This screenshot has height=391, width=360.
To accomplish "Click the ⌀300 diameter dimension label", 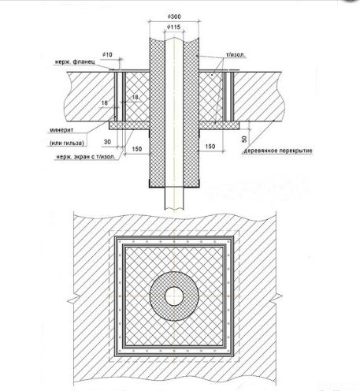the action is [174, 17].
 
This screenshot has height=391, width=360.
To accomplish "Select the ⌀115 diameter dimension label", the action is [174, 27].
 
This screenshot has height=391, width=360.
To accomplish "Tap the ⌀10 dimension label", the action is [107, 54].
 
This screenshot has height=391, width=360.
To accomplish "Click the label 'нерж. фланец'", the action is [75, 62].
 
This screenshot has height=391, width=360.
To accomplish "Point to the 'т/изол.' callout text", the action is [236, 55].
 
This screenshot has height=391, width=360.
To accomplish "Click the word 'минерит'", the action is [61, 130].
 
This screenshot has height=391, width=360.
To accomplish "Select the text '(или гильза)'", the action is [67, 143].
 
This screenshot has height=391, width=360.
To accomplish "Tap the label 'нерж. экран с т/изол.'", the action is [86, 157].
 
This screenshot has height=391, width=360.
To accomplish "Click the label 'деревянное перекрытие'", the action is [278, 151].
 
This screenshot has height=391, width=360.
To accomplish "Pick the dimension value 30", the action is [107, 142].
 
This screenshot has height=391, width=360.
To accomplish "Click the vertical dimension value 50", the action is [244, 139].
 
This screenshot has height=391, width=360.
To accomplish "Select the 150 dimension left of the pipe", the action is [137, 149].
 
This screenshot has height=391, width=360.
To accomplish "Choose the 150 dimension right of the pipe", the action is [210, 147].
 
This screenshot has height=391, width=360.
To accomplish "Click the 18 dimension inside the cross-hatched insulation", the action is [135, 97].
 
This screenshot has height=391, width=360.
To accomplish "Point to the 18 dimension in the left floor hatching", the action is [105, 102].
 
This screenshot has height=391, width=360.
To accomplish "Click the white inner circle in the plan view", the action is [174, 296].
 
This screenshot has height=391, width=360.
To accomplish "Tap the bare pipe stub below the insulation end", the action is [174, 199].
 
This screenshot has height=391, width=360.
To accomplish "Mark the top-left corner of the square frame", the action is [115, 236].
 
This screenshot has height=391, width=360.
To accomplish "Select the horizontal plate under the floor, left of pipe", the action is [129, 125].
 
